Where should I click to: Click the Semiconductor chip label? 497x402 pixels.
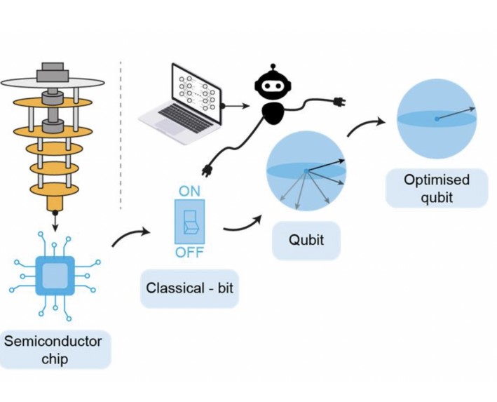click(x=53, y=349)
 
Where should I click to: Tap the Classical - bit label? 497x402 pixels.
click(x=189, y=288)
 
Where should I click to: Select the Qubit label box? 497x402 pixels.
click(x=306, y=240)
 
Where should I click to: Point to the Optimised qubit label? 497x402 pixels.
click(x=437, y=189)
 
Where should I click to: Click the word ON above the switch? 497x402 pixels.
click(x=189, y=192)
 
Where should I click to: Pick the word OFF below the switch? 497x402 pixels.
click(x=189, y=253)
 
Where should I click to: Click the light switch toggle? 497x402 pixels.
click(x=189, y=222)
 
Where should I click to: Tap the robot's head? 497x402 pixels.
click(x=273, y=85)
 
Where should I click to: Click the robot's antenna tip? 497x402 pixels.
click(x=273, y=66)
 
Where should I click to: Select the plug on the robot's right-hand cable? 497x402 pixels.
click(x=339, y=102)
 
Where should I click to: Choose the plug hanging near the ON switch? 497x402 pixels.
click(x=207, y=170)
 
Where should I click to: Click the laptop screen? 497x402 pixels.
click(x=196, y=93)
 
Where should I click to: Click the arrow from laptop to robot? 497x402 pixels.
click(x=236, y=106)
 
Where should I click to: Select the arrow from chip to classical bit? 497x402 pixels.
click(x=131, y=236)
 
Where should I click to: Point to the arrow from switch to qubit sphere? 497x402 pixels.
click(x=243, y=225)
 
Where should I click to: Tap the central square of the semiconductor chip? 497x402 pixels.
click(x=55, y=276)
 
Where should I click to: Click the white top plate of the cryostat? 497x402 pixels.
click(x=53, y=83)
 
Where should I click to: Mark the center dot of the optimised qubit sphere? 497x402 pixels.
click(x=437, y=119)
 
